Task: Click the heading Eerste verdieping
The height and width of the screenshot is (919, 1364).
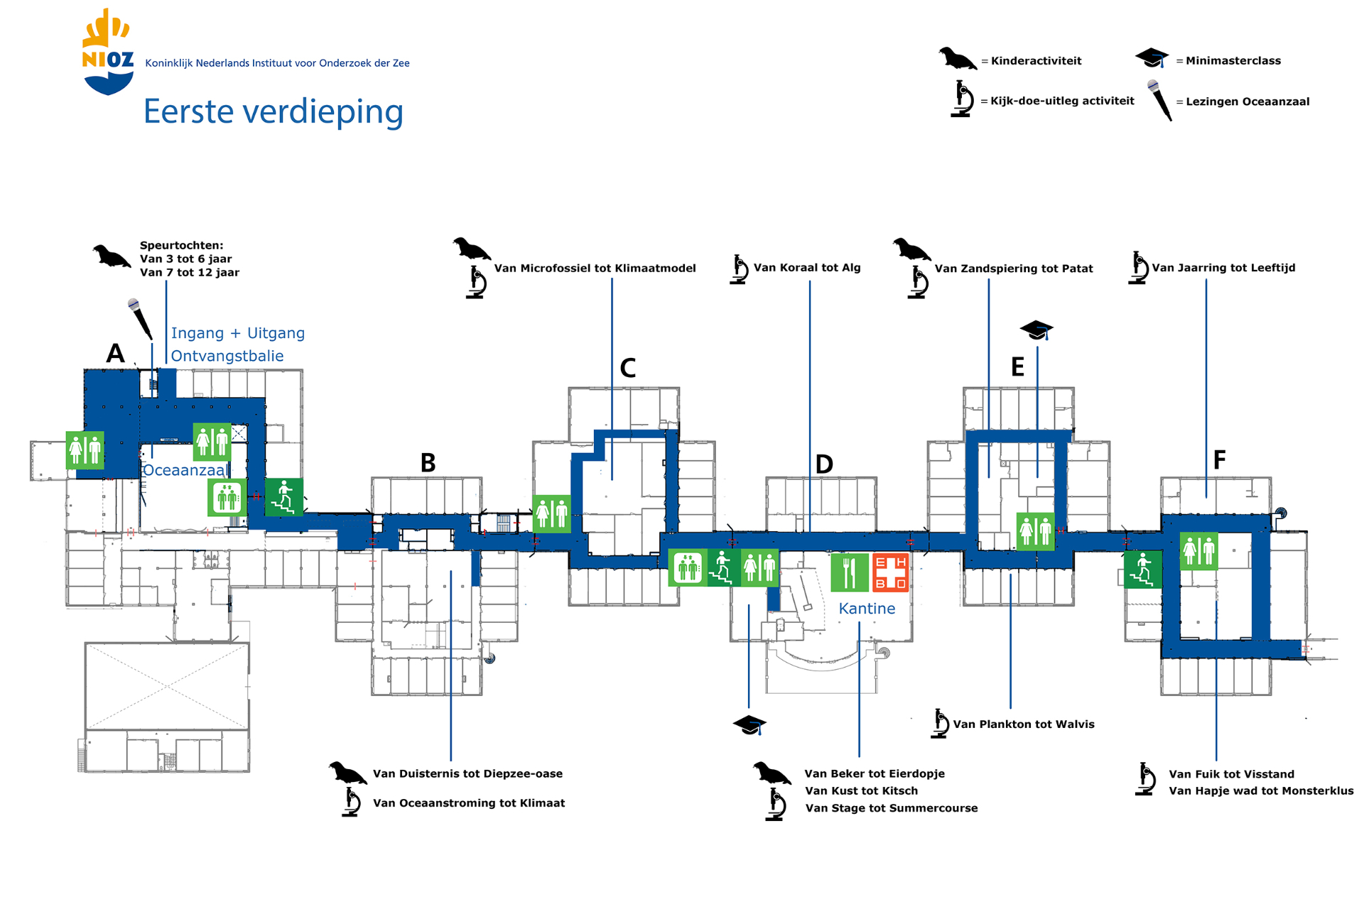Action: point(274,112)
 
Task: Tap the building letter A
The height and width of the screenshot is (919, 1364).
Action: point(115,353)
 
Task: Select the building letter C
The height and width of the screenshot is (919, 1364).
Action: point(627,368)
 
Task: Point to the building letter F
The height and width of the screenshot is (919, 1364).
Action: point(1219,460)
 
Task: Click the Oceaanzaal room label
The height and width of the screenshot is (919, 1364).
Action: point(185,470)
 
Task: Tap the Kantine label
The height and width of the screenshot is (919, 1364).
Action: point(867,609)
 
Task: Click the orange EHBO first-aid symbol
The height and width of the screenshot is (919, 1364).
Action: point(890,572)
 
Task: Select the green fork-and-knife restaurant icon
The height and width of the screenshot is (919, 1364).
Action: point(850,572)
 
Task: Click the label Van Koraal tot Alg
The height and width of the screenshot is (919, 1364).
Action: point(806,268)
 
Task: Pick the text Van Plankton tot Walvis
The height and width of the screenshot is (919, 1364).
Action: point(1023,724)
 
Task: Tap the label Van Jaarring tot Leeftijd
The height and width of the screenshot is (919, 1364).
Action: point(1223,268)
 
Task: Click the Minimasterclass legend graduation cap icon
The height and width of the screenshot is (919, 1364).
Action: point(1152,58)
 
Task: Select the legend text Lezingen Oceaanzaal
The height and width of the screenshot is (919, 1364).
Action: point(1247,102)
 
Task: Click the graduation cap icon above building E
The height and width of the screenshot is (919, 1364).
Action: point(1036,330)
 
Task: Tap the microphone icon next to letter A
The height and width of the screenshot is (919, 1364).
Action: point(140,319)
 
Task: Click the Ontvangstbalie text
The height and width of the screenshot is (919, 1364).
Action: point(227,356)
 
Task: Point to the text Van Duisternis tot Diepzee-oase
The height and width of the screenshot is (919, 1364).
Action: point(467,773)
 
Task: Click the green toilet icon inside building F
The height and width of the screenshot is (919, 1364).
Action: point(1199,551)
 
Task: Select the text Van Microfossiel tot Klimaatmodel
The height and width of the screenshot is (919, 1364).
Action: point(595,268)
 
